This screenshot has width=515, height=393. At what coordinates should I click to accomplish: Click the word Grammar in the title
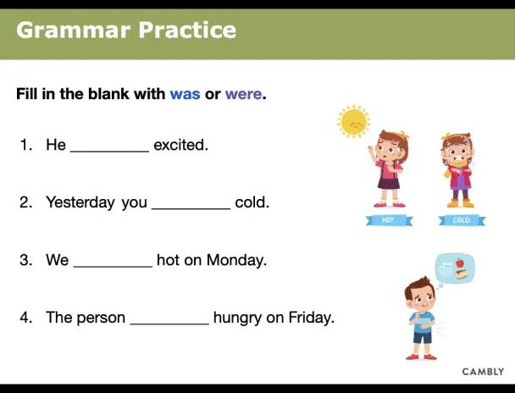(x=74, y=30)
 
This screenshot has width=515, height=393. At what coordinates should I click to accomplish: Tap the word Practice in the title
(x=187, y=30)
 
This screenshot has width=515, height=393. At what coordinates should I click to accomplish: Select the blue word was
(x=185, y=95)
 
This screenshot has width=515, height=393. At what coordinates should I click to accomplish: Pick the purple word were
(x=243, y=95)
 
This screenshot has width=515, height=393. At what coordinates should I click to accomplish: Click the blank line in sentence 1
(x=110, y=152)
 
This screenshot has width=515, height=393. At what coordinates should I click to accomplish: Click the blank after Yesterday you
(x=191, y=209)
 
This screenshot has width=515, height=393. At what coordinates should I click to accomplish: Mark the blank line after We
(x=113, y=267)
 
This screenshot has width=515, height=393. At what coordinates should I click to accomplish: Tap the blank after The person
(x=169, y=324)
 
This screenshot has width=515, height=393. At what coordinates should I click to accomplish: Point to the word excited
(x=180, y=145)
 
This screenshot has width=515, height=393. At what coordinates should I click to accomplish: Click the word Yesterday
(x=80, y=202)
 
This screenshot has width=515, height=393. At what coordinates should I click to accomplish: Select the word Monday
(x=236, y=260)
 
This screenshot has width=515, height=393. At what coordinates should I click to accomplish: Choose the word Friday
(x=311, y=318)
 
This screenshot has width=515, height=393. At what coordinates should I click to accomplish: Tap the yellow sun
(x=353, y=121)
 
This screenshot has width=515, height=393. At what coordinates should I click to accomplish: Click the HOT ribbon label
(x=389, y=220)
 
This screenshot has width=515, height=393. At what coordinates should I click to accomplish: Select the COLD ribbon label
(x=462, y=220)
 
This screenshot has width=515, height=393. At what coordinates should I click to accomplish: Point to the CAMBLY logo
(x=483, y=372)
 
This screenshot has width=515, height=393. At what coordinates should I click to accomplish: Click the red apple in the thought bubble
(x=459, y=263)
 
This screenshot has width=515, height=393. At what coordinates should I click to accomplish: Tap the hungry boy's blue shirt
(x=423, y=323)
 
